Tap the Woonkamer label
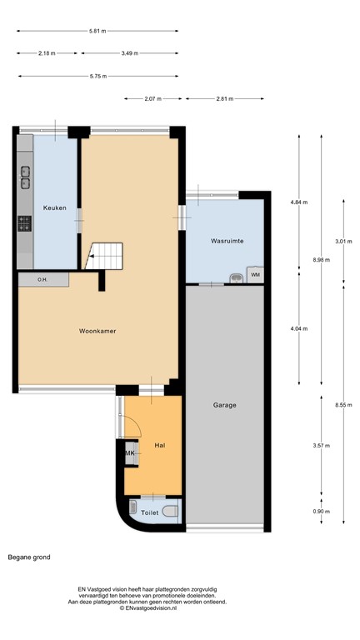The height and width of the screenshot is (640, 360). tap(97, 331)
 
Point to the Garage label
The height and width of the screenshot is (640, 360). tap(224, 405)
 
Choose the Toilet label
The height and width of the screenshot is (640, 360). tap(149, 512)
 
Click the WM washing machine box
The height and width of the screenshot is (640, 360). tap(255, 274)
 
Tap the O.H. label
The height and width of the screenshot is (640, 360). tap(42, 279)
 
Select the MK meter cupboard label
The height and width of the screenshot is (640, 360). tap(130, 452)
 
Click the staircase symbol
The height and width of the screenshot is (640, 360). tap(106, 254)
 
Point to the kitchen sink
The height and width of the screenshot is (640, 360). tap(25, 177)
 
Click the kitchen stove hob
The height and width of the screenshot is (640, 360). tap(25, 223)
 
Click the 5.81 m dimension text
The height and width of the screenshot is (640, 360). tap(97, 31)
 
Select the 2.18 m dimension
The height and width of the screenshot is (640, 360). tap(47, 52)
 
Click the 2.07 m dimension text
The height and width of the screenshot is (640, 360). tap(152, 98)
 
